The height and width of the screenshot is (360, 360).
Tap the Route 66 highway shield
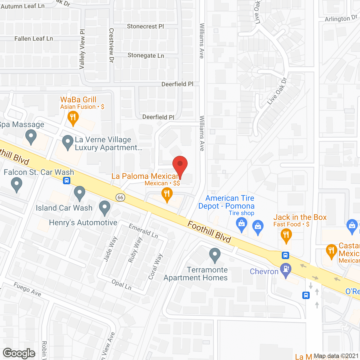tap(120, 197)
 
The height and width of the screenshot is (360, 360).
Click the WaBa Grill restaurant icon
tap(73, 118)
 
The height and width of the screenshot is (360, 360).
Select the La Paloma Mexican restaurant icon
tap(167, 194)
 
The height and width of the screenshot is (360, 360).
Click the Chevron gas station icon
tap(286, 269)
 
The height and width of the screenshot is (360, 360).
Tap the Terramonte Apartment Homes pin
tap(215, 255)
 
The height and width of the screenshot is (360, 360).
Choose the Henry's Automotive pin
tap(105, 208)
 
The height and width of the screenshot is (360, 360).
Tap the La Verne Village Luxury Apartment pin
tap(67, 142)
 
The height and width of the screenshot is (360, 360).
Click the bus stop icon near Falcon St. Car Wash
tap(67, 180)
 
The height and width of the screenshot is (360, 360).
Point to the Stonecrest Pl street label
tap(145, 26)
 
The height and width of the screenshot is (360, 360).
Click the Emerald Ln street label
tap(143, 231)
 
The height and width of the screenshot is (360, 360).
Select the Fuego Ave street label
tap(27, 289)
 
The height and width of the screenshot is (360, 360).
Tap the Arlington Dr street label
tap(341, 19)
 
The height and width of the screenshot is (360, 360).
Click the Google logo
tap(19, 353)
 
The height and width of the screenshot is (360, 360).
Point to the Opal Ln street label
tap(121, 284)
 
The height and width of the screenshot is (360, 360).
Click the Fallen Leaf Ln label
tap(34, 39)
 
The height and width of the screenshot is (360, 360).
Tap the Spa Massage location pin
tap(31, 138)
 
